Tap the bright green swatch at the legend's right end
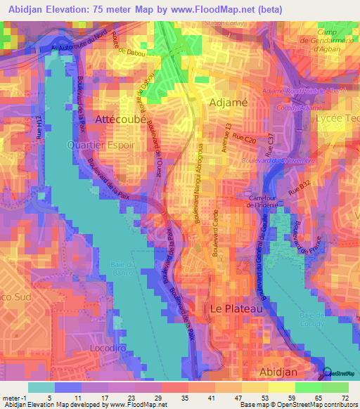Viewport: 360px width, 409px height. pyautogui.click(x=335, y=387)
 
